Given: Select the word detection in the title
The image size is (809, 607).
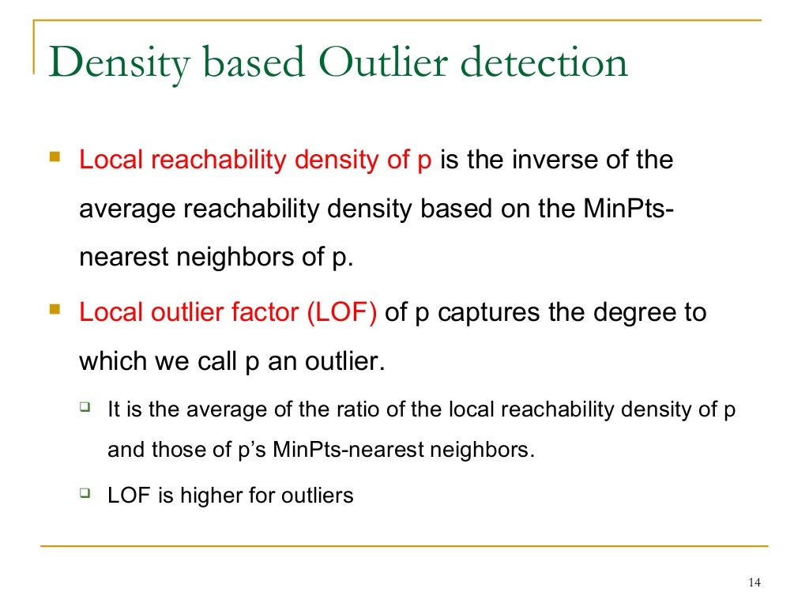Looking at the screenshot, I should click(x=544, y=64).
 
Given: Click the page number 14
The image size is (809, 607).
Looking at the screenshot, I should click(x=752, y=583).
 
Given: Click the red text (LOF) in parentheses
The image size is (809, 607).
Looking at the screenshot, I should click(x=341, y=312).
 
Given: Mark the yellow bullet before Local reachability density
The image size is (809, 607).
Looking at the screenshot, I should click(x=55, y=158).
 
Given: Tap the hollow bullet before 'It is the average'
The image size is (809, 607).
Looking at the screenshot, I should click(x=85, y=408).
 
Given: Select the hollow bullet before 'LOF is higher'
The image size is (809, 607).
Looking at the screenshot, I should click(x=85, y=493).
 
